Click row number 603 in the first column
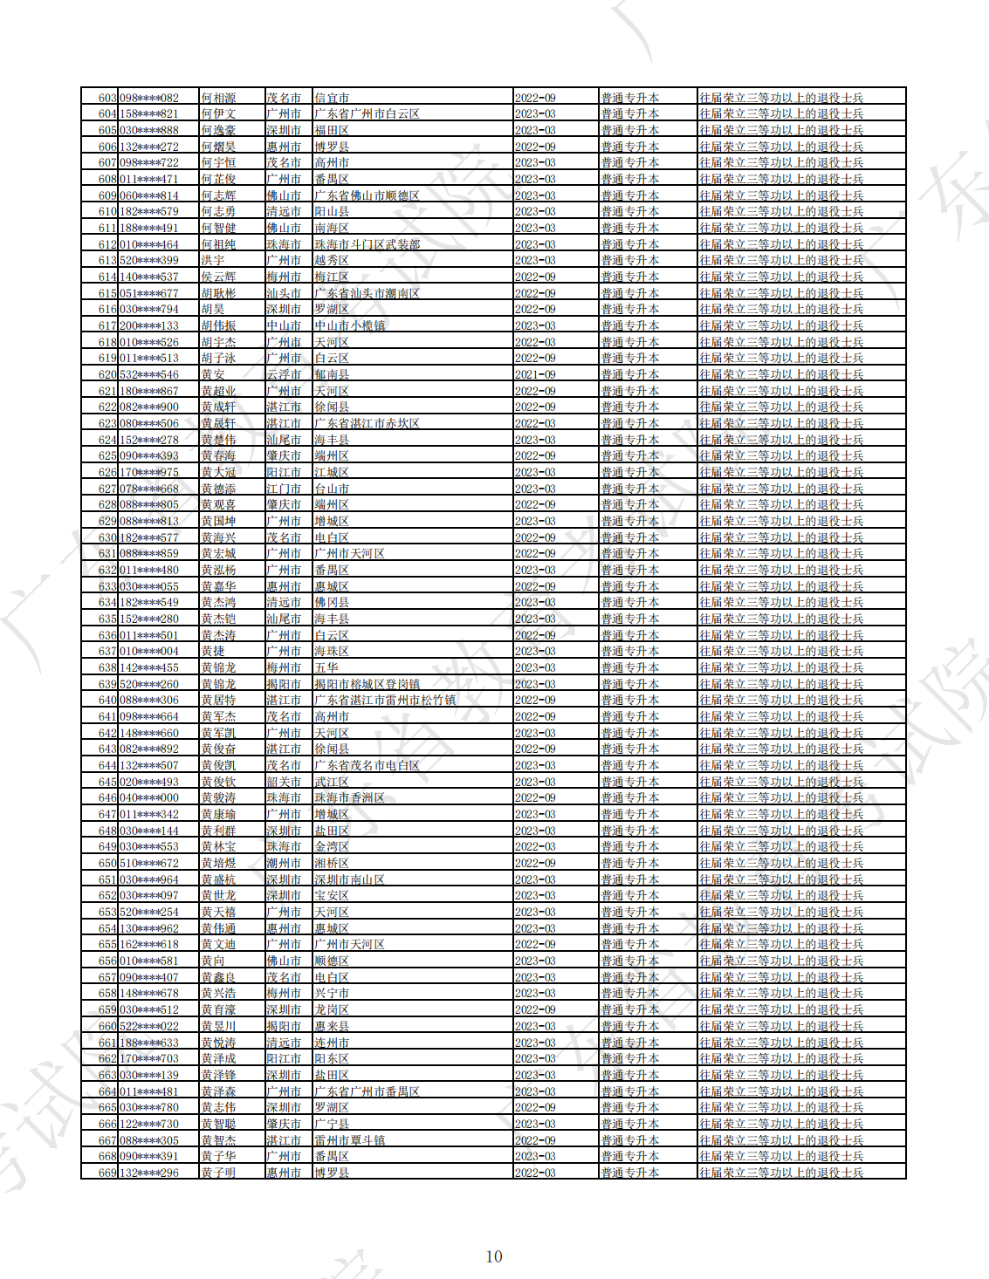click(106, 99)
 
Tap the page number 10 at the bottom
click(494, 1256)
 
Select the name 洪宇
click(213, 261)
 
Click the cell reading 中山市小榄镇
click(349, 326)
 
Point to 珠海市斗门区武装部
click(367, 245)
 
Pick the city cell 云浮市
click(284, 375)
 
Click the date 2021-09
click(535, 375)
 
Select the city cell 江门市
click(284, 489)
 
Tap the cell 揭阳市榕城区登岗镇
click(367, 685)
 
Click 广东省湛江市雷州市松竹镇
click(384, 701)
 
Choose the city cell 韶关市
click(284, 783)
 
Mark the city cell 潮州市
click(284, 864)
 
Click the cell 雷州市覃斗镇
click(349, 1141)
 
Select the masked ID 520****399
click(149, 261)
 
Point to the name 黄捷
click(213, 652)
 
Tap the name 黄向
click(213, 961)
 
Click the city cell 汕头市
click(284, 294)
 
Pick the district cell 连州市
click(332, 1043)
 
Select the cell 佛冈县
click(332, 603)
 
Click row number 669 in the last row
click(106, 1173)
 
